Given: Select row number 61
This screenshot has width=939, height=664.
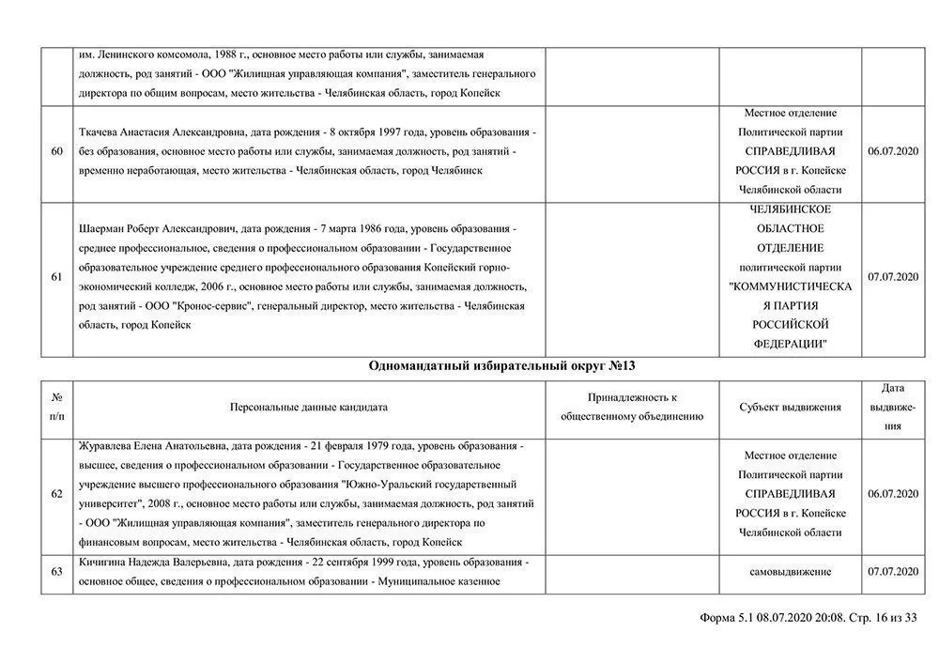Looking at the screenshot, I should coord(57,277).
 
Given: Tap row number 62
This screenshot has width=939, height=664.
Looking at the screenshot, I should coord(57,494).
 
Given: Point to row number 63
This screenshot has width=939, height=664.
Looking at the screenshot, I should coord(57,571).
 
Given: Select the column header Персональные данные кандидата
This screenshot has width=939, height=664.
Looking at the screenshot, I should coord(309,408).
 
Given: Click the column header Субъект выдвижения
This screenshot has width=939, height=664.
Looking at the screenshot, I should coord(790,408).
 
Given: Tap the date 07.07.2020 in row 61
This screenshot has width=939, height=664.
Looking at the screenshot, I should coord(893,277).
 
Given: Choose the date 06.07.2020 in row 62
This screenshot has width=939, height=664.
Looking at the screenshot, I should coord(893,494).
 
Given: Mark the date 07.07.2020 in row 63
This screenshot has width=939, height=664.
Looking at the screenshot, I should coord(893,571).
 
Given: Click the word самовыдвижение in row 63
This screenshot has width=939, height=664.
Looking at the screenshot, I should coord(790,571).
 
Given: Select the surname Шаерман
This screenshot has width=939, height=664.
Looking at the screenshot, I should coord(105,228).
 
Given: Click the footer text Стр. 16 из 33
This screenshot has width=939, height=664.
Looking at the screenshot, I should coord(883,618).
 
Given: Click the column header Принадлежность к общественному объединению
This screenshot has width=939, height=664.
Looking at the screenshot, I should coord(632,407).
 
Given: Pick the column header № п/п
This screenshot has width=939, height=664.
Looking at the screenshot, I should coord(57,407).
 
